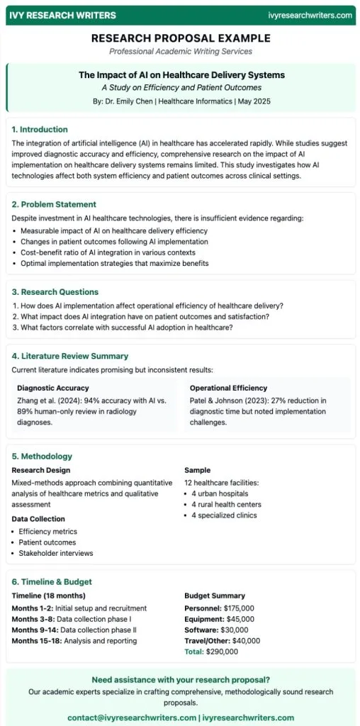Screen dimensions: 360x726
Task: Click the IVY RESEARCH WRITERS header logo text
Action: point(60,15)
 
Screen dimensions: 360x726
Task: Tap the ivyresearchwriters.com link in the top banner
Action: point(310,15)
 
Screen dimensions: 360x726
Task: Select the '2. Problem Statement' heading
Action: point(54,204)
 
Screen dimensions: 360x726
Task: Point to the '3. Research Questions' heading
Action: point(55,291)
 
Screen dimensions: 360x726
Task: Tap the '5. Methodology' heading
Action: point(42,456)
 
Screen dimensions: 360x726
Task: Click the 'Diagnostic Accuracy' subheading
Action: point(52,389)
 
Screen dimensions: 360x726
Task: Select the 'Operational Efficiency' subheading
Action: point(228,389)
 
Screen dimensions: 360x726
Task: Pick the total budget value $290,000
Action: point(225,651)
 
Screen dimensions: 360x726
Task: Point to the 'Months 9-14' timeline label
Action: point(35,630)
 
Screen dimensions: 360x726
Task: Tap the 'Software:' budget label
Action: point(201,630)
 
